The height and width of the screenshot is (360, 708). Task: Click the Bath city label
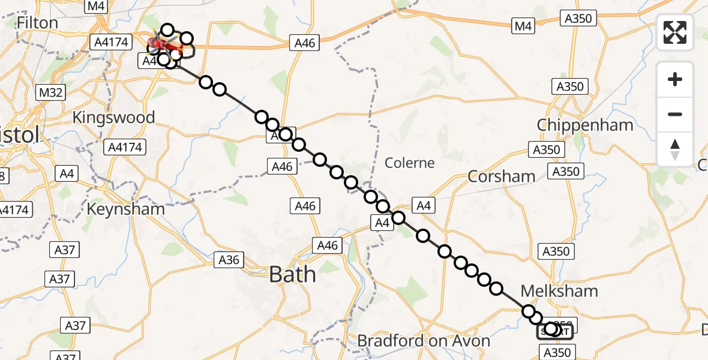[292, 274]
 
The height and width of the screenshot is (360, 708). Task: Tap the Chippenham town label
[585, 125]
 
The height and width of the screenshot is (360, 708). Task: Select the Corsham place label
[501, 176]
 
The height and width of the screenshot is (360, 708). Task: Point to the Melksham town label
[559, 291]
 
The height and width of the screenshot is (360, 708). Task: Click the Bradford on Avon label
[424, 341]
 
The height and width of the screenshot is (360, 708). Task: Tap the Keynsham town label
[126, 209]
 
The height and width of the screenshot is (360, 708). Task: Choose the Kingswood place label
[113, 117]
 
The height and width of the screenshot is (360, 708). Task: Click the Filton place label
[38, 23]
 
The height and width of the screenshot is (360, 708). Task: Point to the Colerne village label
[409, 163]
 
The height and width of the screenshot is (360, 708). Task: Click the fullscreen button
[675, 32]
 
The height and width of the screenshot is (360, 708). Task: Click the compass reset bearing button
[675, 149]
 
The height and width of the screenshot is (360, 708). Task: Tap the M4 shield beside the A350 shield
[523, 25]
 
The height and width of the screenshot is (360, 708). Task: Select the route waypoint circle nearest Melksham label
[529, 311]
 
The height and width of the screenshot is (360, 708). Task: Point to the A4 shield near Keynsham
[66, 174]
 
